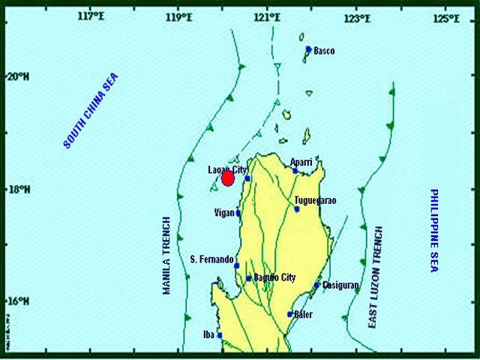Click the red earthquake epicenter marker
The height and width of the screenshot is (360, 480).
(x=229, y=178)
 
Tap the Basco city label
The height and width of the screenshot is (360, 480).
(x=324, y=51)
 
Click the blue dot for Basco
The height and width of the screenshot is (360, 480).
(x=308, y=49)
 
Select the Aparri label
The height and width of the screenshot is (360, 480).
(x=303, y=161)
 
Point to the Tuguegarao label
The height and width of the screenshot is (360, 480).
(x=315, y=200)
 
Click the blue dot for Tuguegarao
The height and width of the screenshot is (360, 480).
(x=297, y=208)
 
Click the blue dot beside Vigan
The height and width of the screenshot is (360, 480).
(x=238, y=213)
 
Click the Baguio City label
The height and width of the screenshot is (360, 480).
(x=274, y=277)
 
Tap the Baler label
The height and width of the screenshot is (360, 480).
(x=304, y=314)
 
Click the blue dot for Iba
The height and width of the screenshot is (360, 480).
(x=220, y=334)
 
